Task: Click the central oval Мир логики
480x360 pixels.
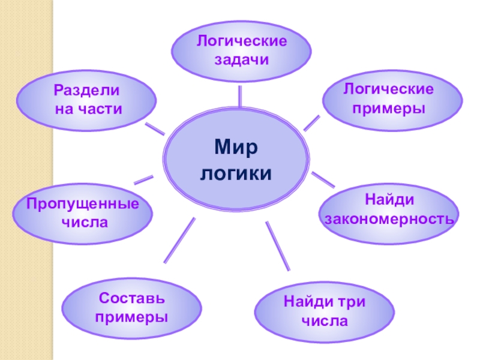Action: (x=236, y=159)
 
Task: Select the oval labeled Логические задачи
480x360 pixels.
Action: (x=241, y=51)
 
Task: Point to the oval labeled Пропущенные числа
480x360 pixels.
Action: (x=82, y=214)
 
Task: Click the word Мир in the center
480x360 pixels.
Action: (x=236, y=146)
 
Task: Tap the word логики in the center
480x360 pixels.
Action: (x=236, y=173)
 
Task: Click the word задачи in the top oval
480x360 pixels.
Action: (x=241, y=60)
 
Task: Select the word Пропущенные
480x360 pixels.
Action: (x=82, y=205)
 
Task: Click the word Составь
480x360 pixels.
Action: (x=131, y=298)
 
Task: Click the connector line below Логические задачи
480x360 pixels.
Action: (x=240, y=96)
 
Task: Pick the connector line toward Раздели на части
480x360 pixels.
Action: (x=155, y=128)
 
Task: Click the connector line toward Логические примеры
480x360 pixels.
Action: (x=311, y=122)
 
